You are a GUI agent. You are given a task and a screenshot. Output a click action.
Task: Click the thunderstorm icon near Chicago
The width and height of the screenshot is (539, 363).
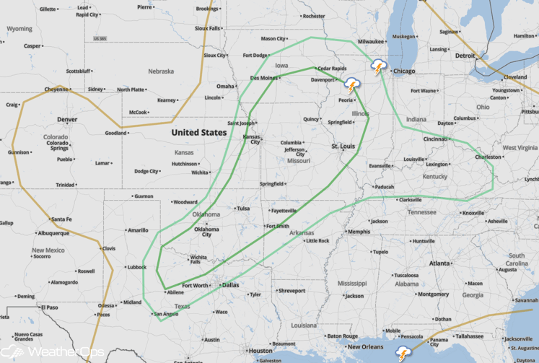tap(377, 67)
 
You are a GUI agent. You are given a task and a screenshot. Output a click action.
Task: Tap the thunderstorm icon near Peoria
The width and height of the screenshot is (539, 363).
tap(352, 86)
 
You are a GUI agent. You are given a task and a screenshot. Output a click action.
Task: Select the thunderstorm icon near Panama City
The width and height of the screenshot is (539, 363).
tap(403, 354)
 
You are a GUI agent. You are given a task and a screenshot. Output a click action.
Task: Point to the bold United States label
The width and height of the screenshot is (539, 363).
tap(198, 133)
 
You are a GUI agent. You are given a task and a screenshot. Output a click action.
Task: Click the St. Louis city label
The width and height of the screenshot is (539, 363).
tap(343, 146)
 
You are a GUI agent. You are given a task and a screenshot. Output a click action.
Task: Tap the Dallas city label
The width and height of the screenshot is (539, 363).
tap(231, 285)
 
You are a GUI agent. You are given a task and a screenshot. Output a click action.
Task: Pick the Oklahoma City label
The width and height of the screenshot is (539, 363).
tap(206, 231)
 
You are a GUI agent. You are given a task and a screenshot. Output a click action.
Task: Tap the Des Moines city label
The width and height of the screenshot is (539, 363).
tap(264, 77)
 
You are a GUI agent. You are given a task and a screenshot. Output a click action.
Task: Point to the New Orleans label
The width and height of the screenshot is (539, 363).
tap(364, 347)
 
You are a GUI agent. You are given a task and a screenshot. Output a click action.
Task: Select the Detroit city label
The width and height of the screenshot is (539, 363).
tap(465, 56)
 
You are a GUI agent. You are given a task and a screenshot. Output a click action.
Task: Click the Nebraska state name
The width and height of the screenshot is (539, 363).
tap(161, 71)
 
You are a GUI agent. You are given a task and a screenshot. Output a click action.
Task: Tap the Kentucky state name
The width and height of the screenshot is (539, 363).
tap(434, 177)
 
